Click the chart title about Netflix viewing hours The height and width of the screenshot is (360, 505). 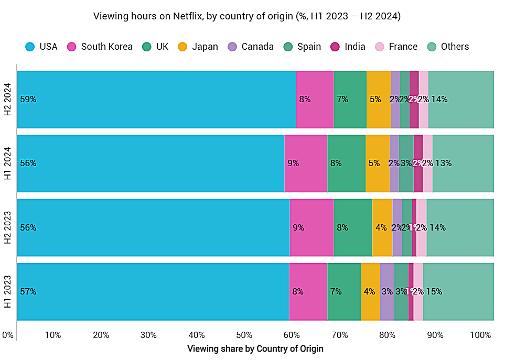point(247,16)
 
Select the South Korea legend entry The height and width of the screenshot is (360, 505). point(106,47)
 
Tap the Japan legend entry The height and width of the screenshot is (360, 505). point(205,47)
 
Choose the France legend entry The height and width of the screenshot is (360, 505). point(403,47)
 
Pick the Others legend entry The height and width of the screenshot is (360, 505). point(455,47)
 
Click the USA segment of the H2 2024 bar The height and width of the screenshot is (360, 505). point(157,100)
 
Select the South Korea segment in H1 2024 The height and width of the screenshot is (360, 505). point(306,163)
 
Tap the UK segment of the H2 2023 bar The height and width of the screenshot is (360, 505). point(353,228)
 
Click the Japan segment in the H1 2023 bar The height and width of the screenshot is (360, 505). point(370,292)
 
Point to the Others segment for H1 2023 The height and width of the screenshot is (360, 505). point(458,292)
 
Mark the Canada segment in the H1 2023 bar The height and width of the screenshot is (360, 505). point(387,292)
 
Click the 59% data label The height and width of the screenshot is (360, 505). point(28,99)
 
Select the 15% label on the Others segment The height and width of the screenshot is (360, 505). point(434,292)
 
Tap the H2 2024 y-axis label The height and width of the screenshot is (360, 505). point(8,100)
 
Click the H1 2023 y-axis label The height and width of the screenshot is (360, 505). point(8,292)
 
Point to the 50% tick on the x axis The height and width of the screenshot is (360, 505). point(244,335)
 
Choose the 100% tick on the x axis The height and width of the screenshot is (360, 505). point(480,335)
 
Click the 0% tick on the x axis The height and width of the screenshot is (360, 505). point(7,335)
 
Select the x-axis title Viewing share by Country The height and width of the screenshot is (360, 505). point(255,348)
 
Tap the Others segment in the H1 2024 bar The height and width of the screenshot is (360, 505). point(463,163)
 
